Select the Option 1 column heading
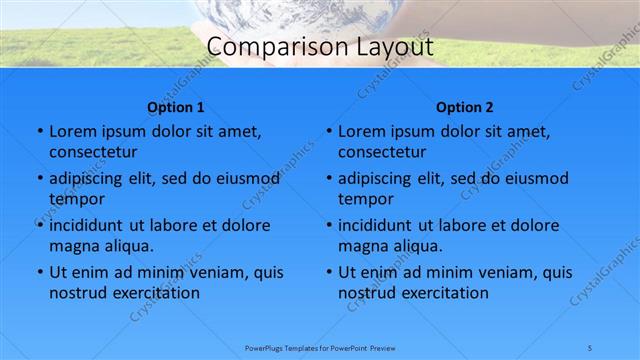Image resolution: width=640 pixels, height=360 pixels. point(176,107)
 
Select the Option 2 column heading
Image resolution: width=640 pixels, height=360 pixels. point(465,107)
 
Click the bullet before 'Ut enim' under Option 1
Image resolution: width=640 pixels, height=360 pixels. point(39,272)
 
